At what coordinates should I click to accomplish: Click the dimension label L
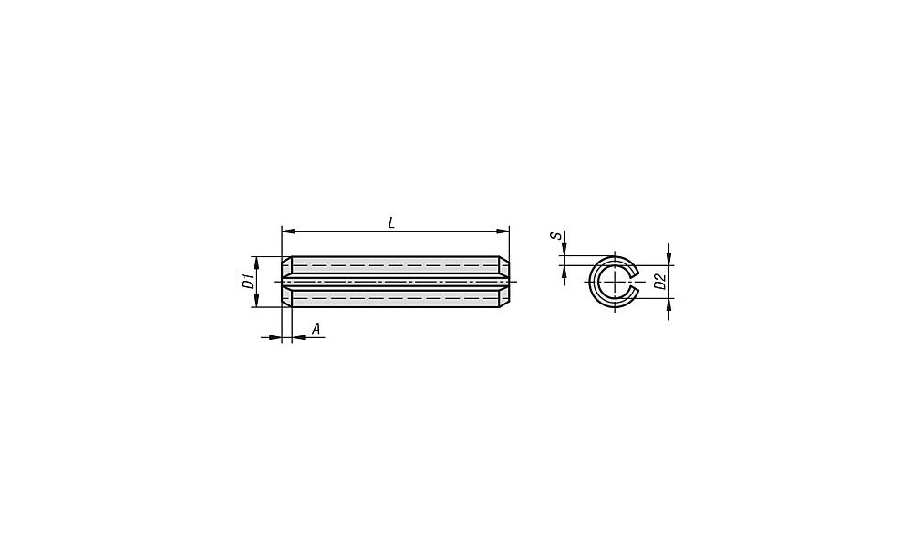(x=391, y=222)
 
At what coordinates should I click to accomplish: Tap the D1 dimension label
(x=248, y=282)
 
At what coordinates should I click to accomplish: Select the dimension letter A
(x=316, y=329)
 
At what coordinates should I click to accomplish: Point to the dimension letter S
(x=557, y=235)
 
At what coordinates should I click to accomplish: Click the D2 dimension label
(x=659, y=282)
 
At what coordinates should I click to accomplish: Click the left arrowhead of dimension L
(x=287, y=232)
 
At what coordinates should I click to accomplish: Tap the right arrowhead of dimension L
(x=503, y=232)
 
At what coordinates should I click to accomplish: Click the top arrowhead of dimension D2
(x=668, y=259)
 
